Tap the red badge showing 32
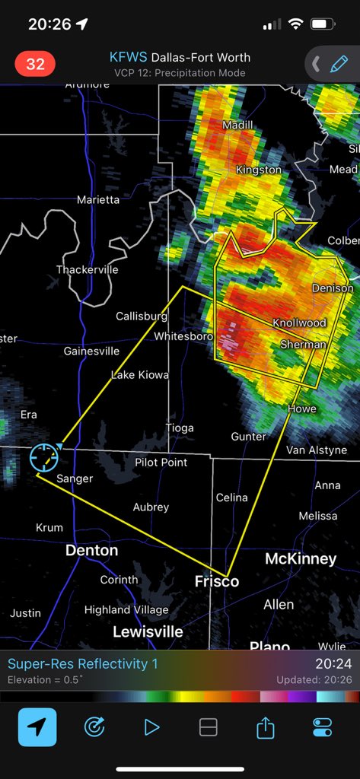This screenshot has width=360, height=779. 36,64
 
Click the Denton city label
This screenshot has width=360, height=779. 91,550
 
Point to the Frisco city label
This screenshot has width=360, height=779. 216,581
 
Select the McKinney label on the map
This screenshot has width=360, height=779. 301,559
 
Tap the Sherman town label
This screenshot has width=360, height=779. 304,345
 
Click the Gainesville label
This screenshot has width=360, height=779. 91,351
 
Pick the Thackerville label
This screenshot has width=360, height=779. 87,269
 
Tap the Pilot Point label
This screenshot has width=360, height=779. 161,463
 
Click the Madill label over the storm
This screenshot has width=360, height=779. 237,125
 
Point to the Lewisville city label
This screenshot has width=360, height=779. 148,631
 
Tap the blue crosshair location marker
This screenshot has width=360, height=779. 44,457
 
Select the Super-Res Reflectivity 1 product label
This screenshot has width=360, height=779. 83,663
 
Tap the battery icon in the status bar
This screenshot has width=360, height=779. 323,24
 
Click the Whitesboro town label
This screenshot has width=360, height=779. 183,335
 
